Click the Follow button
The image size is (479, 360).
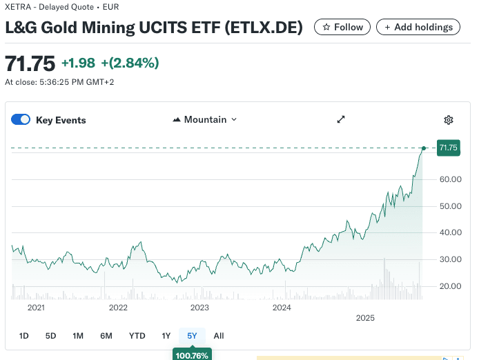(x=342, y=27)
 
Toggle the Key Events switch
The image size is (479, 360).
(x=21, y=120)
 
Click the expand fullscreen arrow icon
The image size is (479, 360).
(x=341, y=120)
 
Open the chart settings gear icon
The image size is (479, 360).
(x=449, y=120)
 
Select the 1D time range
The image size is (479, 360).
(x=24, y=336)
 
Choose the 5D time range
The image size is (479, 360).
(x=50, y=336)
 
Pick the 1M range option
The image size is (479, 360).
(x=78, y=336)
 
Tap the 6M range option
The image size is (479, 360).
(x=106, y=336)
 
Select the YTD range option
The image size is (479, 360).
(x=137, y=336)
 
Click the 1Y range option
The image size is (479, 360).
(x=166, y=336)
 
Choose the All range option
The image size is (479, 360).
(x=219, y=336)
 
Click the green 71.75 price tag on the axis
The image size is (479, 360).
(x=448, y=148)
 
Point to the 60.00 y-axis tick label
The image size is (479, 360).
(x=450, y=179)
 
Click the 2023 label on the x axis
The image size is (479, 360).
(x=199, y=308)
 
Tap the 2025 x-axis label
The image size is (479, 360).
(x=364, y=318)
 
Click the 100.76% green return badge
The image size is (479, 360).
(x=192, y=355)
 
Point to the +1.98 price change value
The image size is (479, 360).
(x=79, y=63)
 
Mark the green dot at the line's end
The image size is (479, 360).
(x=424, y=148)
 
